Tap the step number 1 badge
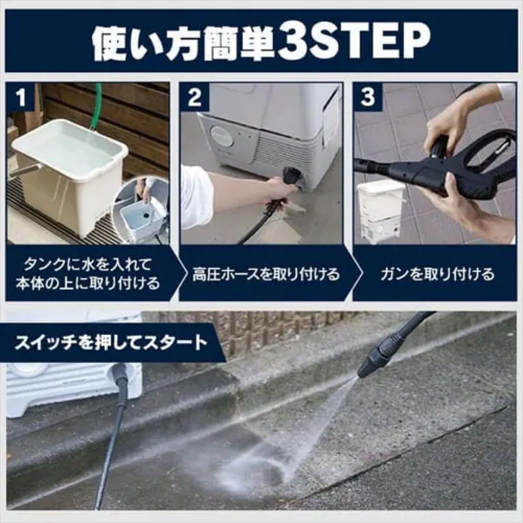(x=20, y=97)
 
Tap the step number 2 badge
(x=194, y=97)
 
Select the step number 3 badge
(x=368, y=97)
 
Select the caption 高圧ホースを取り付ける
(x=266, y=275)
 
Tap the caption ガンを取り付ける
(x=437, y=275)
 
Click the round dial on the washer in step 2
(x=222, y=137)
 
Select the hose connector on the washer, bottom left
(x=120, y=375)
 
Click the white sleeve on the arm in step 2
(x=196, y=196)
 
